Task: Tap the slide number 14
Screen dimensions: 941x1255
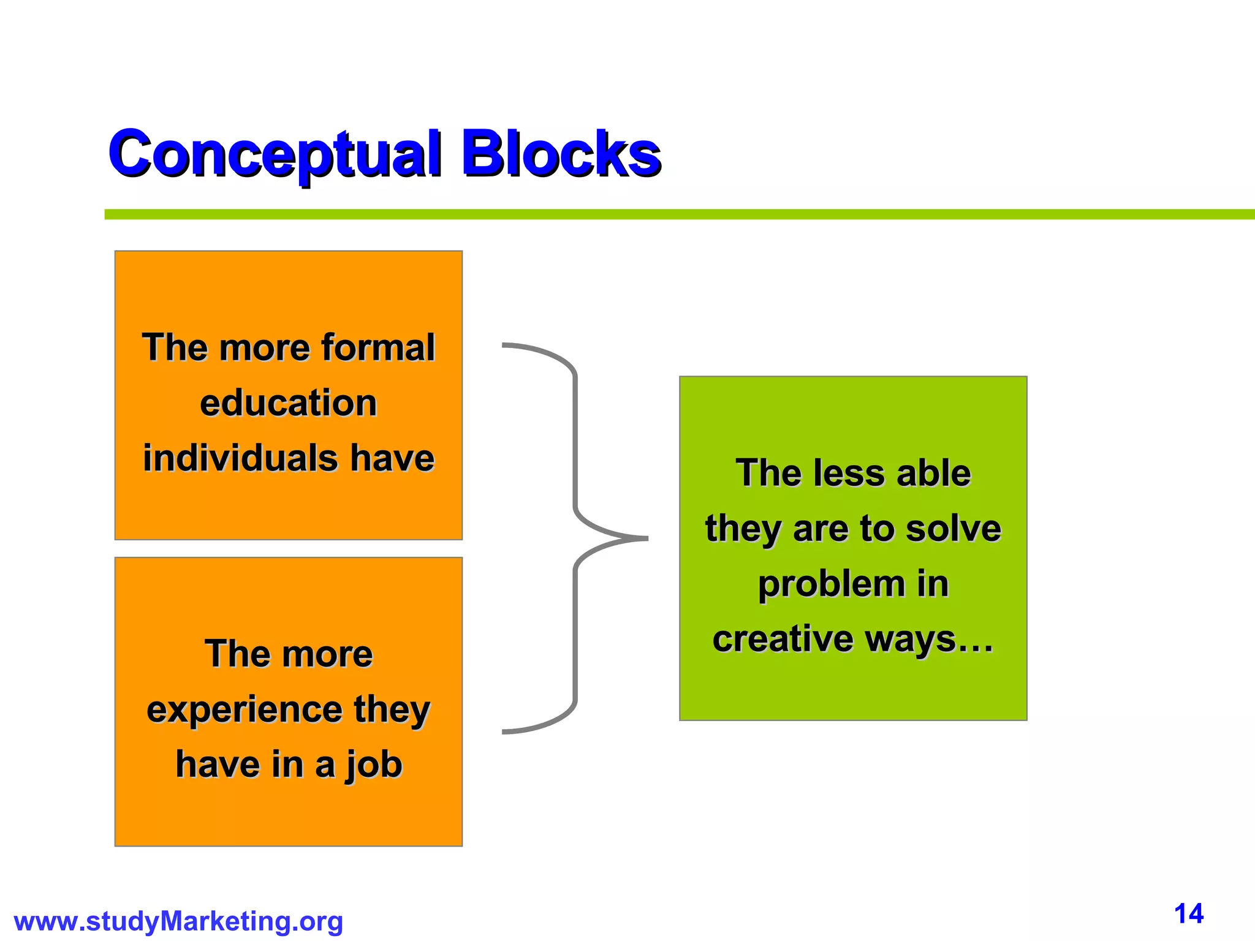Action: coord(1189,914)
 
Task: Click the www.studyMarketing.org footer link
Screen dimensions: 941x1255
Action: coord(178,921)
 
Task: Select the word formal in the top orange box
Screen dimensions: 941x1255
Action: coord(377,347)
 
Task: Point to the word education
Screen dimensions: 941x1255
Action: coord(288,403)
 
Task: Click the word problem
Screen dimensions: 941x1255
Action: coord(832,584)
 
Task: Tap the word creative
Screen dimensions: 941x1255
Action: coord(783,639)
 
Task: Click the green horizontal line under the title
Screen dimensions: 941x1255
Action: coord(674,214)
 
